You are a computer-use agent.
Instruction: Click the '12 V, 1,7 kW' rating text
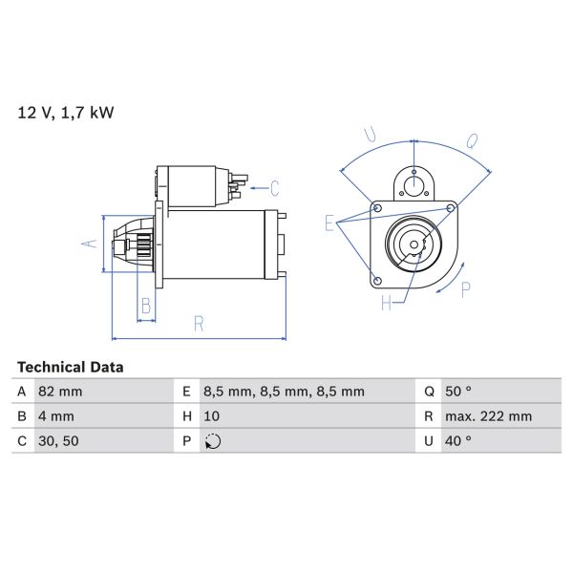[x=66, y=113]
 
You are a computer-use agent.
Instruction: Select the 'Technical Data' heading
[x=70, y=367]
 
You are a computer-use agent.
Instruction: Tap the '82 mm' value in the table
[x=59, y=392]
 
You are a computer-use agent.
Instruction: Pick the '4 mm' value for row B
[x=55, y=416]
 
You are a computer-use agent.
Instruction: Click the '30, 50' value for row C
[x=57, y=441]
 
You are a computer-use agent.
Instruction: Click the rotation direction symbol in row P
[x=212, y=441]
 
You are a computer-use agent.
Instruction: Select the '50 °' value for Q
[x=458, y=392]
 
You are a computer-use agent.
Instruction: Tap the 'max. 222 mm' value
[x=488, y=416]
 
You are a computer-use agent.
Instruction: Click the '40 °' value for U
[x=458, y=441]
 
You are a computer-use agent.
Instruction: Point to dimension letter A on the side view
[x=89, y=244]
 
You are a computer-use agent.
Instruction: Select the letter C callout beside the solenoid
[x=274, y=187]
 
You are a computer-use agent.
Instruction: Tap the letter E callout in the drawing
[x=329, y=225]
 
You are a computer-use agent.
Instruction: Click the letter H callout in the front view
[x=387, y=304]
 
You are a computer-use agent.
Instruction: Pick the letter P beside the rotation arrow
[x=465, y=289]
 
